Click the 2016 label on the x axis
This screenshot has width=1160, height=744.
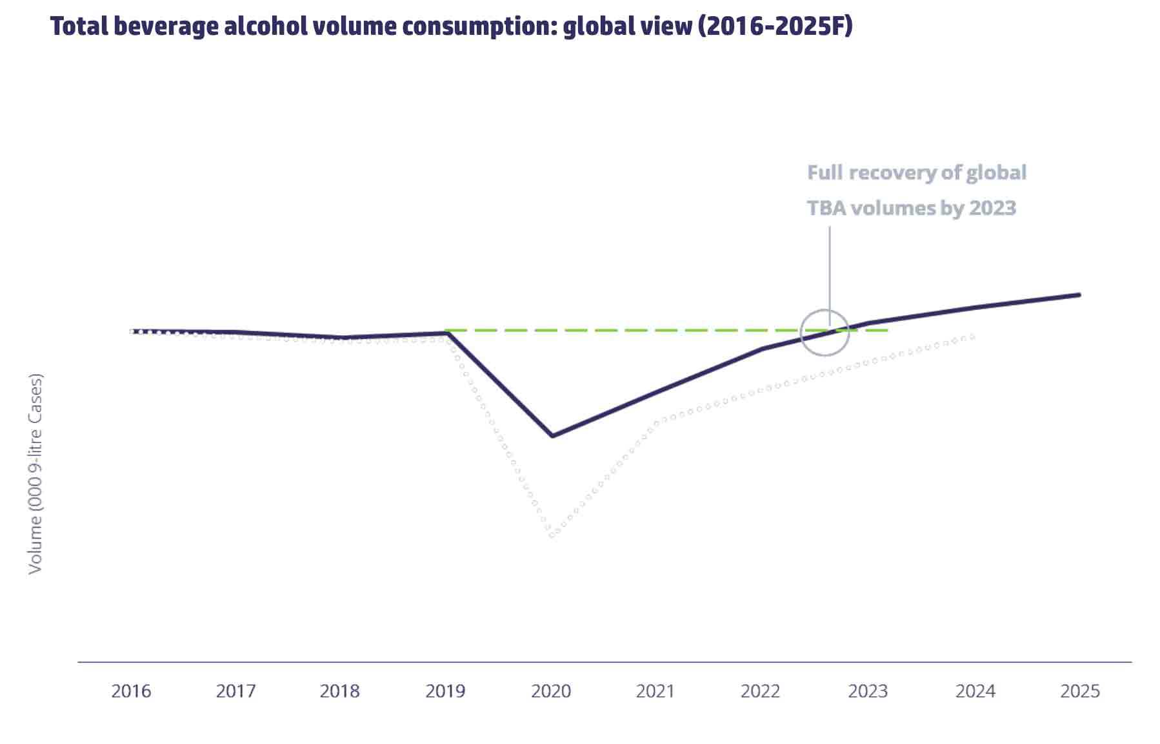coord(131,691)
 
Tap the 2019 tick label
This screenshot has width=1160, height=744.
coord(445,691)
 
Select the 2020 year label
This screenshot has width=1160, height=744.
coord(551,691)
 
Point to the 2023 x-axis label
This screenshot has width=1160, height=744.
coord(868,691)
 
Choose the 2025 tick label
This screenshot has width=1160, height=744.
coord(1080,691)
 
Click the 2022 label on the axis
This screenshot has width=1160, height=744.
coord(761,691)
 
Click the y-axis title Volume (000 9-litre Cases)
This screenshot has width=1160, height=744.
coord(35,473)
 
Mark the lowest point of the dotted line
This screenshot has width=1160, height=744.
coord(552,535)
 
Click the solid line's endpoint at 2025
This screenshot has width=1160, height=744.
coord(1079,295)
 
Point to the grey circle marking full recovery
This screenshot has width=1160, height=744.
coord(825,333)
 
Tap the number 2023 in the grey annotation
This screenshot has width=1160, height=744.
coord(992,208)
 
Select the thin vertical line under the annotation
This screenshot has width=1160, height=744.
coord(830,265)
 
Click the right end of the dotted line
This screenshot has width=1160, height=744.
coord(972,336)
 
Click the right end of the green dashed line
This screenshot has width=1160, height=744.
coord(887,330)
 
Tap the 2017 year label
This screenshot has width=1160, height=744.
coord(235,691)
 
